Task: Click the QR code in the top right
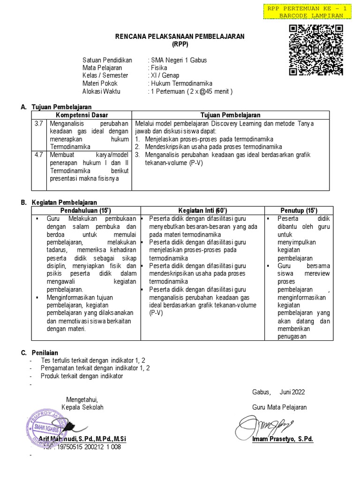point(315,50)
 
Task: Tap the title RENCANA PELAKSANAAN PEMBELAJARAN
point(180,37)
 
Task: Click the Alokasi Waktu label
point(102,91)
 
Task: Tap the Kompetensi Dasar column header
point(82,115)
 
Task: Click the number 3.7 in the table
point(38,123)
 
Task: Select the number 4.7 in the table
point(38,154)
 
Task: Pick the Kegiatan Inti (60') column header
point(202,210)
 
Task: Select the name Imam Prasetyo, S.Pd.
point(282,439)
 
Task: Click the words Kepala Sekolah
point(82,407)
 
